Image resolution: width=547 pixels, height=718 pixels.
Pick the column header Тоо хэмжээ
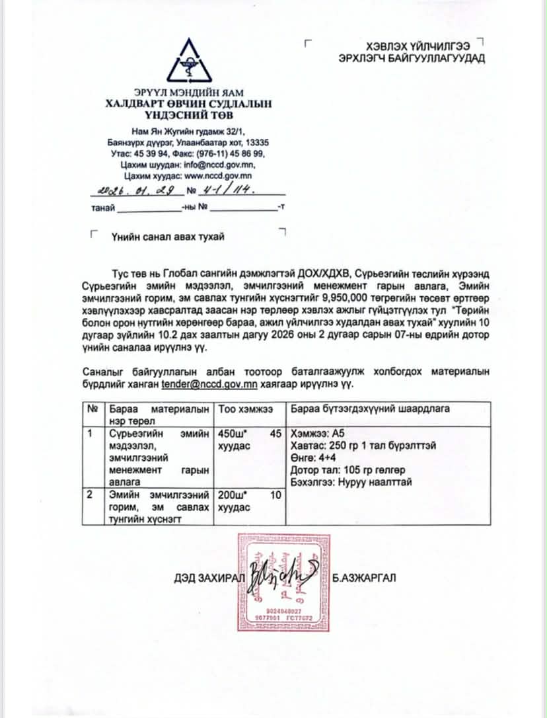pyautogui.click(x=246, y=409)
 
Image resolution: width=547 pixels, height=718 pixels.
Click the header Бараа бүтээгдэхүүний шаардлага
pyautogui.click(x=370, y=409)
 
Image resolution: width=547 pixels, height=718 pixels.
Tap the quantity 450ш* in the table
pyautogui.click(x=233, y=434)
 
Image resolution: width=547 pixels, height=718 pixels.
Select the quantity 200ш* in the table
pyautogui.click(x=233, y=495)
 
